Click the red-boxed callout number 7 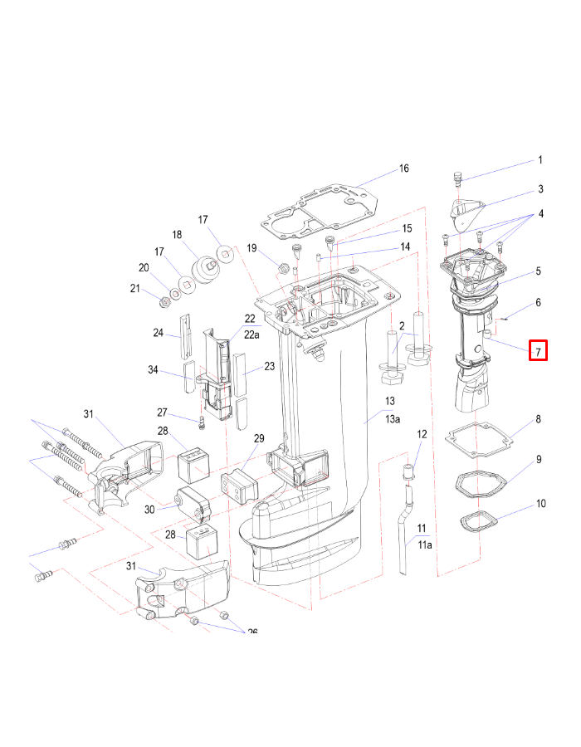pyautogui.click(x=539, y=351)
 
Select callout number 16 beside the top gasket pyautogui.click(x=403, y=168)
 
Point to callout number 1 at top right pyautogui.click(x=540, y=160)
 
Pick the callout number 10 pyautogui.click(x=540, y=503)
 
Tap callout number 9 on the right pyautogui.click(x=539, y=459)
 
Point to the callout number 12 pyautogui.click(x=422, y=434)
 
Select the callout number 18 pyautogui.click(x=176, y=235)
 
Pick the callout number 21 pyautogui.click(x=134, y=288)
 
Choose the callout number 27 pyautogui.click(x=163, y=413)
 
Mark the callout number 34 pyautogui.click(x=153, y=371)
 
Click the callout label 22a pyautogui.click(x=251, y=333)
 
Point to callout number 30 pyautogui.click(x=150, y=510)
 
